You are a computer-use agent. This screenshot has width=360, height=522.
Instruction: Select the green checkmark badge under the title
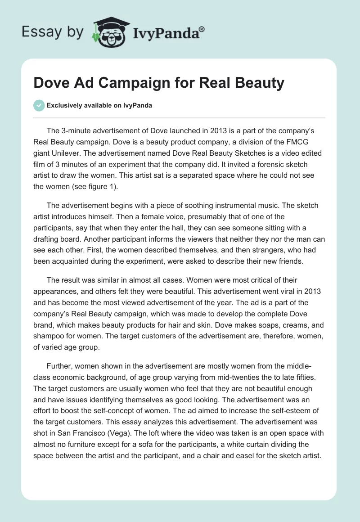point(39,105)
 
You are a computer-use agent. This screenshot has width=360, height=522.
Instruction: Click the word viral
point(268,290)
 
